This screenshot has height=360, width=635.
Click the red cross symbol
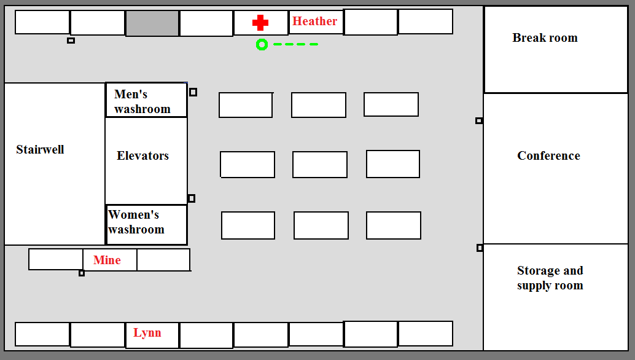point(260,23)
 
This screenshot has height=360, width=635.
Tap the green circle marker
point(262,45)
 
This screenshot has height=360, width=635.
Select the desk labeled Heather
point(316,22)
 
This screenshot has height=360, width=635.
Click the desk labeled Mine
point(110,260)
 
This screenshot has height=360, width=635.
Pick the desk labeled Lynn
point(152,335)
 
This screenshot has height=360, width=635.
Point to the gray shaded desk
point(152,23)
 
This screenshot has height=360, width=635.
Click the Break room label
point(545,37)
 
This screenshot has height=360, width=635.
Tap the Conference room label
point(549,155)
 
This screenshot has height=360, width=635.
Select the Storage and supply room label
point(550,278)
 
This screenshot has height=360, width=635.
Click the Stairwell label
point(40,149)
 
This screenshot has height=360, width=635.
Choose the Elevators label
point(142,155)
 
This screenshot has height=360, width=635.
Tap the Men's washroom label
point(142,101)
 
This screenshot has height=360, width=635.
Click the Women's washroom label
point(136,222)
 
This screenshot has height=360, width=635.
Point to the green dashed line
point(295,44)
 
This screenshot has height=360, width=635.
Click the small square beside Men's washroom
point(193,92)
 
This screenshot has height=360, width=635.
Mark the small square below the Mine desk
point(82,273)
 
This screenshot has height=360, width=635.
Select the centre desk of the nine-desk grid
point(320,165)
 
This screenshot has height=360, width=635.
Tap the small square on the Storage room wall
point(480,248)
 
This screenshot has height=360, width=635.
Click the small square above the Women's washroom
point(192,198)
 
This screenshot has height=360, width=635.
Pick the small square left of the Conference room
point(479,120)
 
